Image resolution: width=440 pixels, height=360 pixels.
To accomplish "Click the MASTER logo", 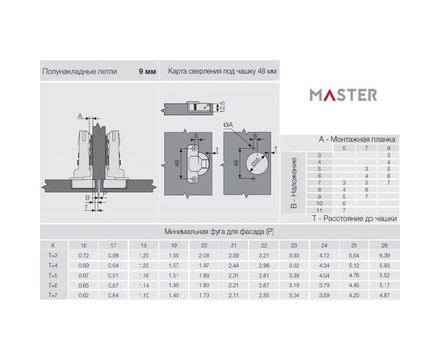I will click(343, 94).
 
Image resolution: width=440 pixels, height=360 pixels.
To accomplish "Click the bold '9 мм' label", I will click(146, 71).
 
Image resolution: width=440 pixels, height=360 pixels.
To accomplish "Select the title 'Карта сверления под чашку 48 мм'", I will click(222, 71).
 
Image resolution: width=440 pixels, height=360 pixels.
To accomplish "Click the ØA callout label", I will click(228, 126).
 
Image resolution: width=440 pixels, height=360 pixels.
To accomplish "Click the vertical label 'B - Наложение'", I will click(294, 183).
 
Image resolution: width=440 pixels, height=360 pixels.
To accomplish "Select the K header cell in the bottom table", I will click(53, 244).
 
